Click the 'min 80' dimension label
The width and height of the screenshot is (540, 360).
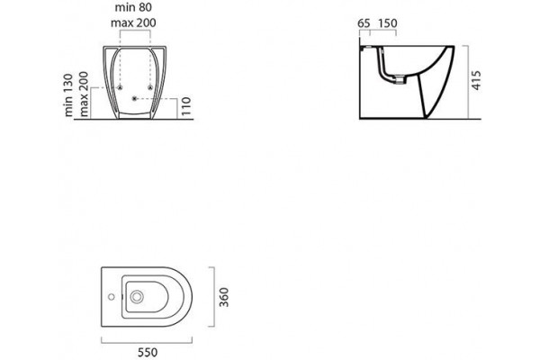point(133,7)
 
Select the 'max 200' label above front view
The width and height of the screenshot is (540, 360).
point(133,22)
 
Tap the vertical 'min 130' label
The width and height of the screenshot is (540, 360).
point(68,94)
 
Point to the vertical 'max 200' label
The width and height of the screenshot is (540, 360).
point(84,94)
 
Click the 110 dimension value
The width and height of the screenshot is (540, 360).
point(185,106)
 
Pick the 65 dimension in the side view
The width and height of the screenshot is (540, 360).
point(364,23)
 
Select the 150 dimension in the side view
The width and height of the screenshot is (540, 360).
point(388,23)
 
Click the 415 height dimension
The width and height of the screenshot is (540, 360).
point(476,81)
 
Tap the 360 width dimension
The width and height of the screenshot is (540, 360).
point(224,297)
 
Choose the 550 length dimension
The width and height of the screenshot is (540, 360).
point(148,353)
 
